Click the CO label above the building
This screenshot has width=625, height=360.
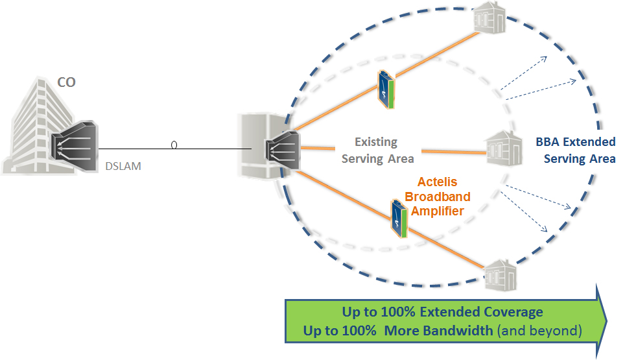point(66,83)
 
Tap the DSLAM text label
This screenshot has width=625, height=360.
point(123,166)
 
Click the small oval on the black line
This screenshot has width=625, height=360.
point(174,145)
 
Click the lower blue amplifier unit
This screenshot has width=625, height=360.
point(399,218)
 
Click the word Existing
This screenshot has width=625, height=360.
point(376,141)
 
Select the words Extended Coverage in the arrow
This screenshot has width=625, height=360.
point(481,312)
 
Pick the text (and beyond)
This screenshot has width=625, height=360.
point(539,331)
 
